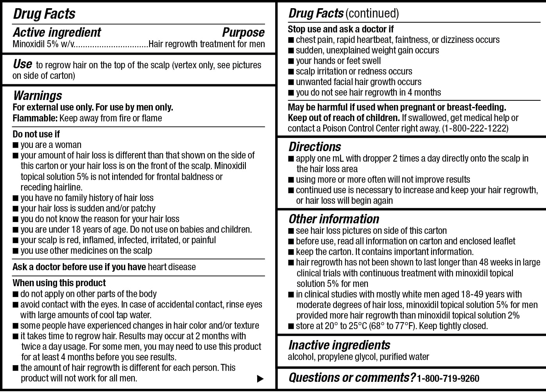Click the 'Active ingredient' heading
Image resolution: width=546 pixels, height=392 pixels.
(57, 32)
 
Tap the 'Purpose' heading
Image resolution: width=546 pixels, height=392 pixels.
(243, 32)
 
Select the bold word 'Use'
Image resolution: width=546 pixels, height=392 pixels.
(22, 64)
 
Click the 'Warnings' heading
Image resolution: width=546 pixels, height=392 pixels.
(38, 96)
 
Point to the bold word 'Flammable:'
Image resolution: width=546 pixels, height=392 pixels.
(35, 118)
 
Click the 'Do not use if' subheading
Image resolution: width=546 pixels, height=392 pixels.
(36, 134)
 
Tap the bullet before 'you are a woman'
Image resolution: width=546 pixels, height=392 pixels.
(16, 145)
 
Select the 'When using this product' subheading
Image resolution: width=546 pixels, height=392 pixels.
(59, 283)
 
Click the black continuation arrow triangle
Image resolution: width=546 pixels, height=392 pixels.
(260, 378)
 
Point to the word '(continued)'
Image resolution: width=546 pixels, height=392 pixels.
(372, 14)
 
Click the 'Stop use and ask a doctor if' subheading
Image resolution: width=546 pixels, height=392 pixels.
(340, 29)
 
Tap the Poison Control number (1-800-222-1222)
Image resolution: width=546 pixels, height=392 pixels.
(475, 128)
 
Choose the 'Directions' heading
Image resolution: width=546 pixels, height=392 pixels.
(315, 147)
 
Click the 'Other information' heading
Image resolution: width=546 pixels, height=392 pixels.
(334, 219)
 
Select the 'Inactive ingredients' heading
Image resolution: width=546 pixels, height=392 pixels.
(339, 345)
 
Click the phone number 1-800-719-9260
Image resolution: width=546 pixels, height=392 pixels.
(448, 378)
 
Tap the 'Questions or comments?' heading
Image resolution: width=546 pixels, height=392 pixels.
(352, 378)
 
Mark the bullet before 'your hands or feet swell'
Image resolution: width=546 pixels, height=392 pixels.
(291, 61)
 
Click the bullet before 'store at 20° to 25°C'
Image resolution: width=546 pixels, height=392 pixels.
(291, 326)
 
